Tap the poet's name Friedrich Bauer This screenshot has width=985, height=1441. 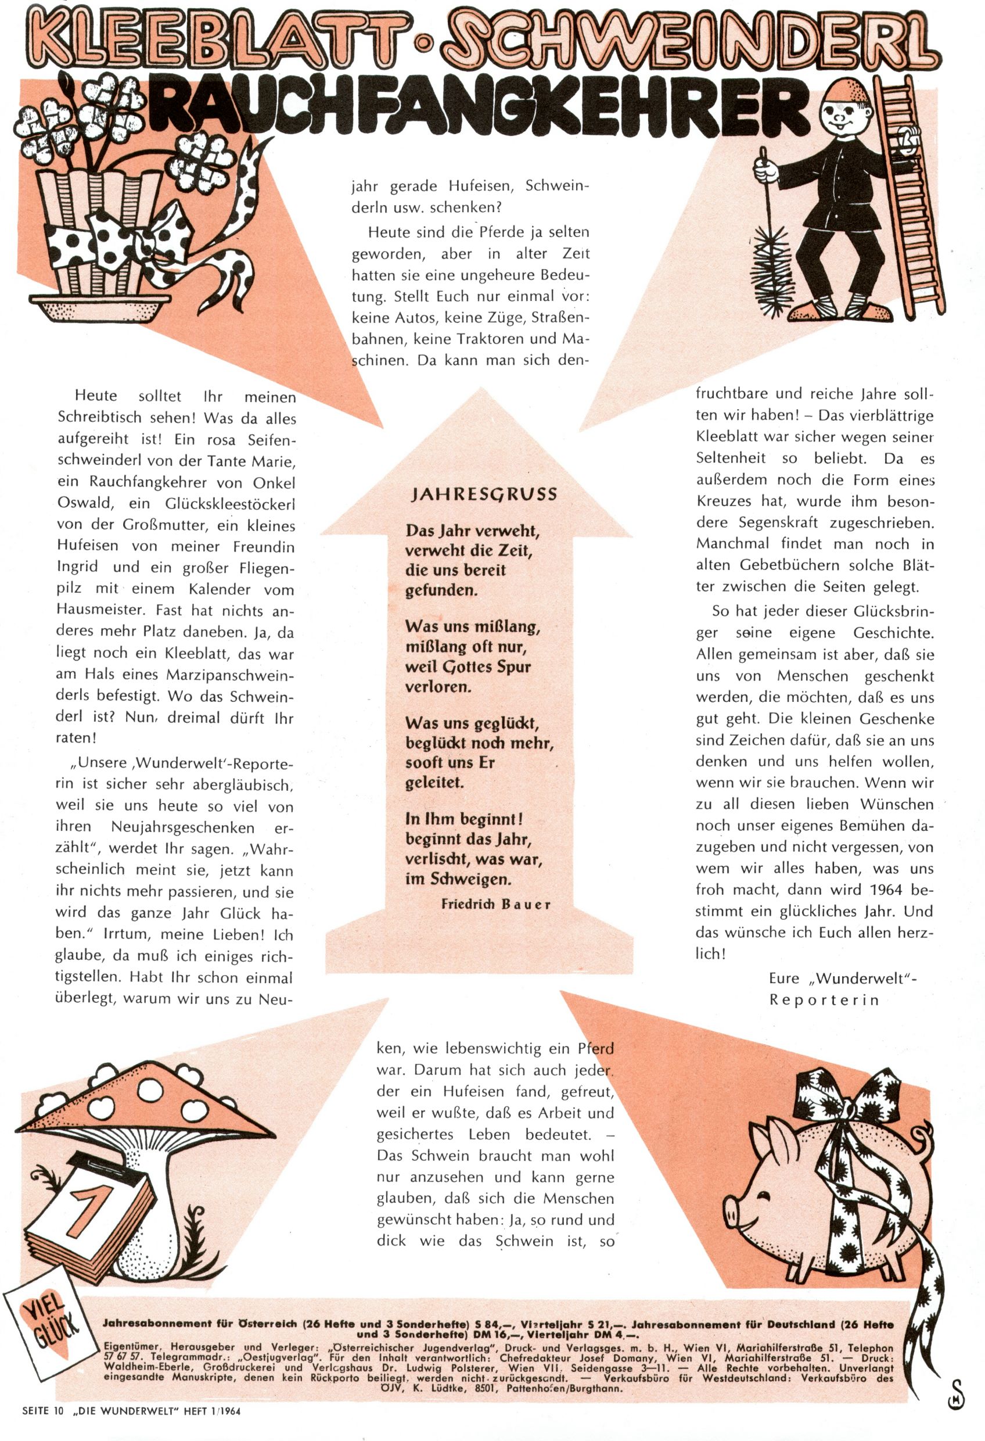(x=495, y=904)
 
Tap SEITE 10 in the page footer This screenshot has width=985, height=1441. (x=43, y=1424)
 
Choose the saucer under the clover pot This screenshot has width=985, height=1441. (x=105, y=307)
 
